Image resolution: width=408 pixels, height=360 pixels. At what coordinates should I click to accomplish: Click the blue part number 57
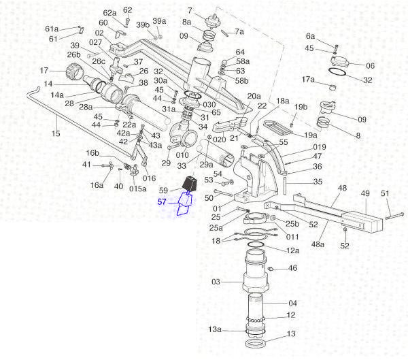[x=162, y=202]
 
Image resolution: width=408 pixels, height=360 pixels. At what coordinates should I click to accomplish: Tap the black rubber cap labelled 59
[x=190, y=184]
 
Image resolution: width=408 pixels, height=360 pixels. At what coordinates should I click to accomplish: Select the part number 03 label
[x=216, y=282]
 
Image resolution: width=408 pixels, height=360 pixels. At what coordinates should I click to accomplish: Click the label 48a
[x=318, y=244]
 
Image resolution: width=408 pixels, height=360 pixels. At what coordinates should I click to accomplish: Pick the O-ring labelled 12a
[x=256, y=245]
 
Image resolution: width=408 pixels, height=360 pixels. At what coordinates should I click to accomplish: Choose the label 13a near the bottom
[x=215, y=329]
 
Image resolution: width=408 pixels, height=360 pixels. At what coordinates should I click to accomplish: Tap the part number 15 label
[x=56, y=133]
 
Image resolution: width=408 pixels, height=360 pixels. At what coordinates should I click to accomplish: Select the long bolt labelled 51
[x=394, y=216]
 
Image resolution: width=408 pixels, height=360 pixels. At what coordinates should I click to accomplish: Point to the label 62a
[x=109, y=13]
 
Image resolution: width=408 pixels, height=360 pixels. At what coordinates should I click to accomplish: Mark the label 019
[x=320, y=147]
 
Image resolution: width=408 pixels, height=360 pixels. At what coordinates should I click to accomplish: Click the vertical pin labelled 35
[x=286, y=186]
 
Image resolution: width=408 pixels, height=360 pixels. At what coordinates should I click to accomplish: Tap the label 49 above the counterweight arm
[x=365, y=193]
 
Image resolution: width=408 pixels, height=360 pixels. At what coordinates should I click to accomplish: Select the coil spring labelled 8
[x=323, y=122]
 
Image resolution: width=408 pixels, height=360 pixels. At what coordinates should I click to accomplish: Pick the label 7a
[x=239, y=32]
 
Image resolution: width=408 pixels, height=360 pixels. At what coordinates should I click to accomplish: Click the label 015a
[x=137, y=189]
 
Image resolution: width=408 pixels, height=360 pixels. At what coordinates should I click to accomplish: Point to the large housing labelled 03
[x=255, y=271]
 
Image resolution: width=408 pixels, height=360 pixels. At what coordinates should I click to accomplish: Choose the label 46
[x=292, y=268]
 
